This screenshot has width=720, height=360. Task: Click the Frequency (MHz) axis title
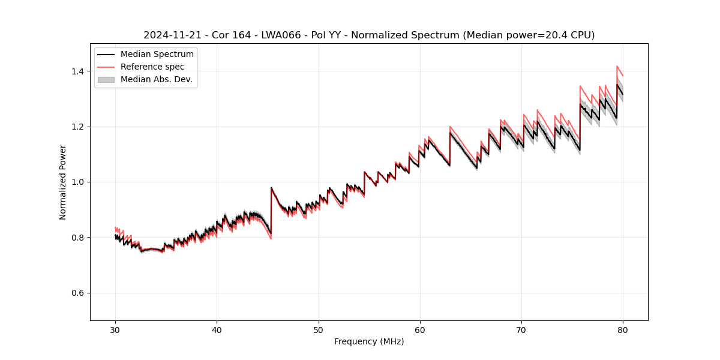369,341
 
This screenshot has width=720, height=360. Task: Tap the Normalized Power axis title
63,182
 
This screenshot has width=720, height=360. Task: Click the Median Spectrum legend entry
157,55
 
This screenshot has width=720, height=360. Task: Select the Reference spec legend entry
152,67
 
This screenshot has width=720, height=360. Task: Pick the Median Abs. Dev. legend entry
156,79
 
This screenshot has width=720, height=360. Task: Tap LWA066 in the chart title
281,35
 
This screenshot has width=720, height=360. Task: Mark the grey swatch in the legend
106,79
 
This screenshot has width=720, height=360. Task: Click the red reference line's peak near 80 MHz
617,66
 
